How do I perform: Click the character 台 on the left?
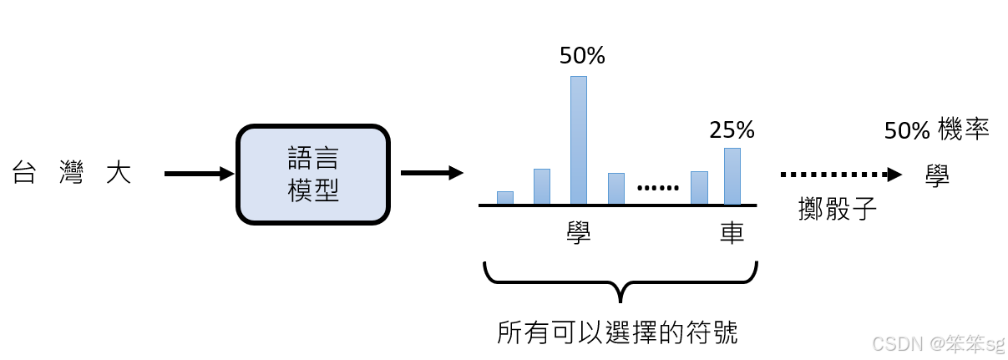(x=25, y=175)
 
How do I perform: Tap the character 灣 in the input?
(x=72, y=175)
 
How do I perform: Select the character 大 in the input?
(x=119, y=175)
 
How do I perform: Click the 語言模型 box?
(x=313, y=175)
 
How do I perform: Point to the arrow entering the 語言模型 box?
(x=199, y=174)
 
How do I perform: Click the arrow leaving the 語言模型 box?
(x=431, y=173)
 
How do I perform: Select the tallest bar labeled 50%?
(x=578, y=139)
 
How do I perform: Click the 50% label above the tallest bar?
(x=582, y=56)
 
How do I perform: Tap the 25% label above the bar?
(x=732, y=129)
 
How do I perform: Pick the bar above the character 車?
(x=732, y=176)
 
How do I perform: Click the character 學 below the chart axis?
(x=578, y=233)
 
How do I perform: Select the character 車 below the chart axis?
(x=732, y=233)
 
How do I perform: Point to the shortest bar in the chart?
(x=504, y=198)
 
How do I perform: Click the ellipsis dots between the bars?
(x=658, y=189)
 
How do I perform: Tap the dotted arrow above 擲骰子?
(x=840, y=175)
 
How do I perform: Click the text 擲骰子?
(x=837, y=208)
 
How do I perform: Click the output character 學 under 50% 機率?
(x=937, y=175)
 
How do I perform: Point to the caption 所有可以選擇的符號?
(x=617, y=332)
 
